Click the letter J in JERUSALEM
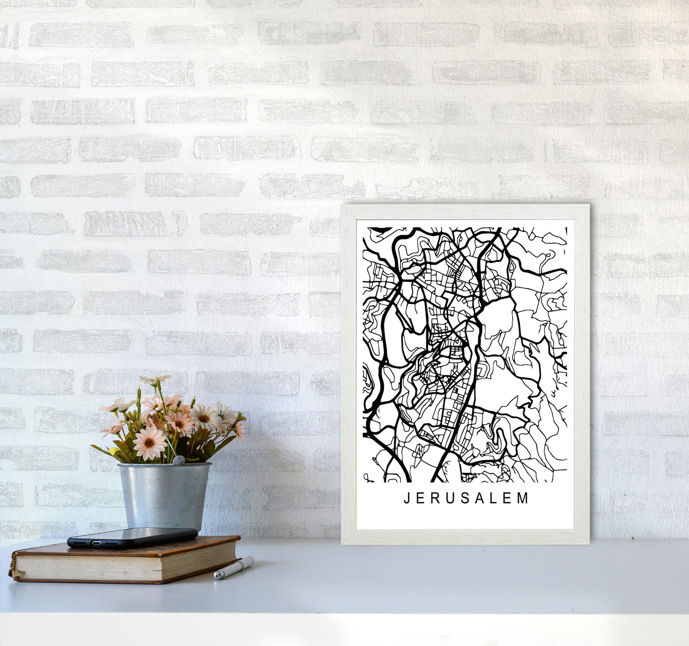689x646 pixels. (407, 499)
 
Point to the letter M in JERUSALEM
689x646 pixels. (524, 499)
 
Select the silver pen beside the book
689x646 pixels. (234, 568)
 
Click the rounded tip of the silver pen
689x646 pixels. (216, 576)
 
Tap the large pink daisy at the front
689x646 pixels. (149, 442)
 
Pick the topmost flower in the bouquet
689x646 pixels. (154, 380)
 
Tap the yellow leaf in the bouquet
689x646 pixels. (113, 451)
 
